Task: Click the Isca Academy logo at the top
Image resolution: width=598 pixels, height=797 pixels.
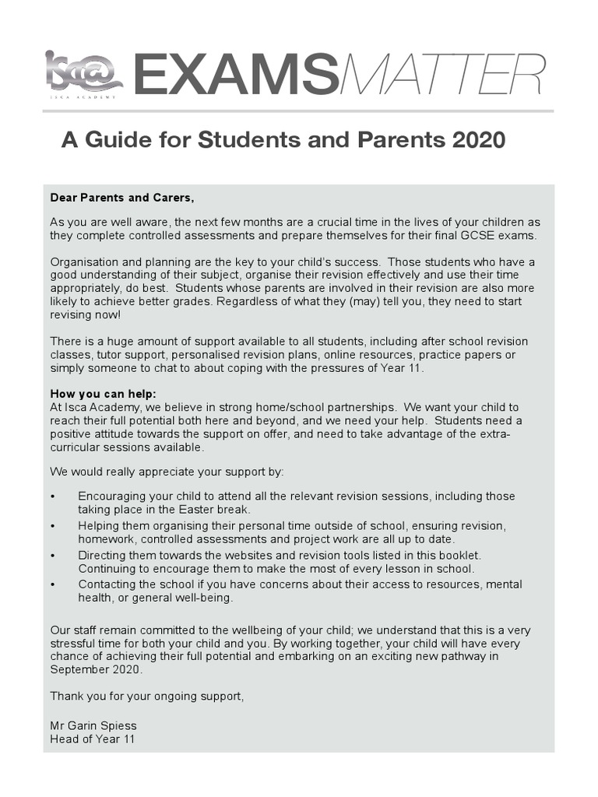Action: [83, 75]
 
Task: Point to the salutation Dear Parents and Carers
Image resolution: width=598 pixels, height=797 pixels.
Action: [122, 197]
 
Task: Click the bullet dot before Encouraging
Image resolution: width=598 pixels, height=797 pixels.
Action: [53, 497]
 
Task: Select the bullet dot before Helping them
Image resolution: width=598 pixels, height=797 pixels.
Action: [53, 526]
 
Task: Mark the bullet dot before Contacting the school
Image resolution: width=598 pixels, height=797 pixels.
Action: [53, 585]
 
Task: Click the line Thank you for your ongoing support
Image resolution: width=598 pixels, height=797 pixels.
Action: [147, 695]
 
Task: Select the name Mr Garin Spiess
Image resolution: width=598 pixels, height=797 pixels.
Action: [93, 725]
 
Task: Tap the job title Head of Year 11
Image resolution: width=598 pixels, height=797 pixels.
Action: [92, 739]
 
